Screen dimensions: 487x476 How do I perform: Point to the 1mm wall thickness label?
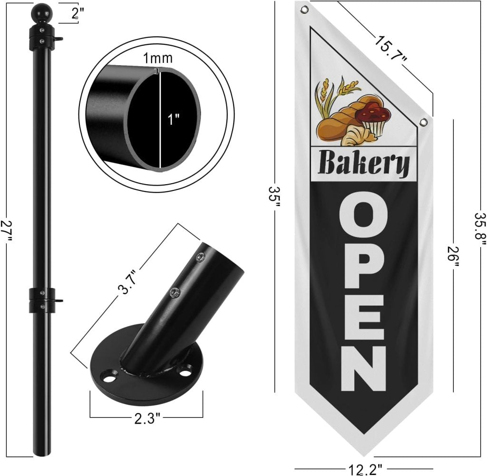(157, 58)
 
